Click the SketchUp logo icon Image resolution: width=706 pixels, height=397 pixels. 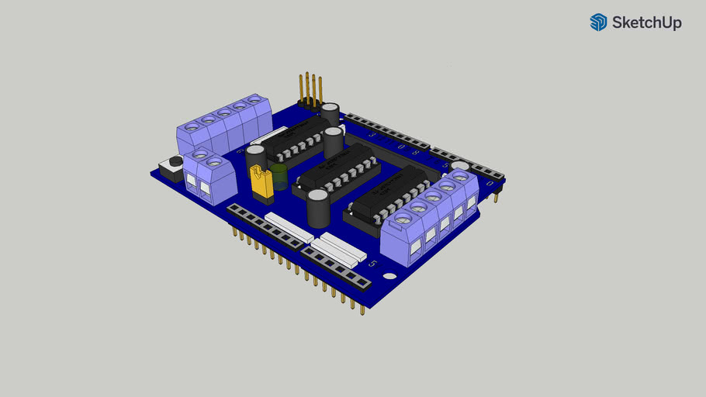tap(598, 22)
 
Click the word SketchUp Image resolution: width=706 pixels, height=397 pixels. tap(647, 23)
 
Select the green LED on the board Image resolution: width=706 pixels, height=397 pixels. tap(279, 174)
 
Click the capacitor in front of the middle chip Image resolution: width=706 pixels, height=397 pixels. tap(317, 206)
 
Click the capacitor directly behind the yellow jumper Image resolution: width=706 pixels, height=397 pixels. tap(255, 157)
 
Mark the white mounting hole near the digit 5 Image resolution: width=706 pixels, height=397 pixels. tap(389, 277)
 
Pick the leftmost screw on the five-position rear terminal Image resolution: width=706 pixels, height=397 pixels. tap(191, 126)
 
